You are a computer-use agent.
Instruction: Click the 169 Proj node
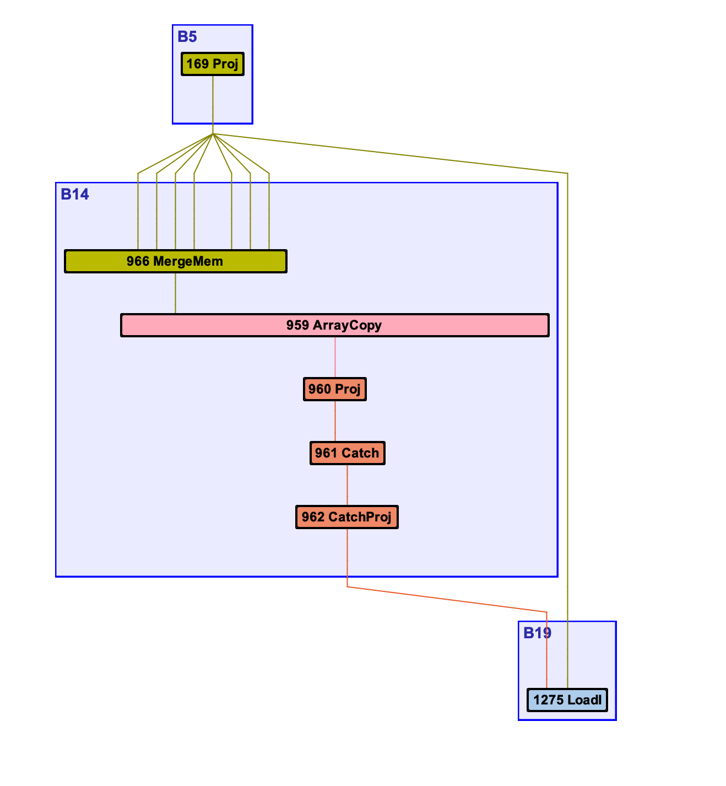click(x=212, y=64)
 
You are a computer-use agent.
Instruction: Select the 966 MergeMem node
click(x=175, y=261)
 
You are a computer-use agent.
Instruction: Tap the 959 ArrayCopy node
click(x=334, y=325)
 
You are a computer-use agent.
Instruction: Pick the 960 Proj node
click(x=334, y=389)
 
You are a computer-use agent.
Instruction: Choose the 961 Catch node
click(x=347, y=453)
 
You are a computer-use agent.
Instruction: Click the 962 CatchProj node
click(x=346, y=517)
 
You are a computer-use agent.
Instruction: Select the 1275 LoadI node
click(x=567, y=700)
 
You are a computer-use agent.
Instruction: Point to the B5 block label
click(x=187, y=37)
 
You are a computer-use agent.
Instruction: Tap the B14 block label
click(x=75, y=195)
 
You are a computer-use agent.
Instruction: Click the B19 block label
click(x=537, y=633)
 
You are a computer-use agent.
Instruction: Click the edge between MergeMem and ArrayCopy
click(x=176, y=293)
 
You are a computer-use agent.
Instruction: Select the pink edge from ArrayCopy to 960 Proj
click(x=335, y=357)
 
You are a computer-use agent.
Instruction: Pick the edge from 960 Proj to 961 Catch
click(x=335, y=421)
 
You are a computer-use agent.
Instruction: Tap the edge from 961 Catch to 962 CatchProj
click(x=347, y=485)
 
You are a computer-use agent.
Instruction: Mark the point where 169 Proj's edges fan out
click(x=213, y=134)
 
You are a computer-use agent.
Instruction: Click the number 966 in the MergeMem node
click(x=138, y=261)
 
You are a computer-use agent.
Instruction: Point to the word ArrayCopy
click(x=347, y=325)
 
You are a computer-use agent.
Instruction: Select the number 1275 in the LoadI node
click(x=548, y=700)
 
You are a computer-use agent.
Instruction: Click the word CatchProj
click(x=360, y=517)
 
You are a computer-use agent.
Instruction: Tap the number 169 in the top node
click(x=197, y=64)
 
